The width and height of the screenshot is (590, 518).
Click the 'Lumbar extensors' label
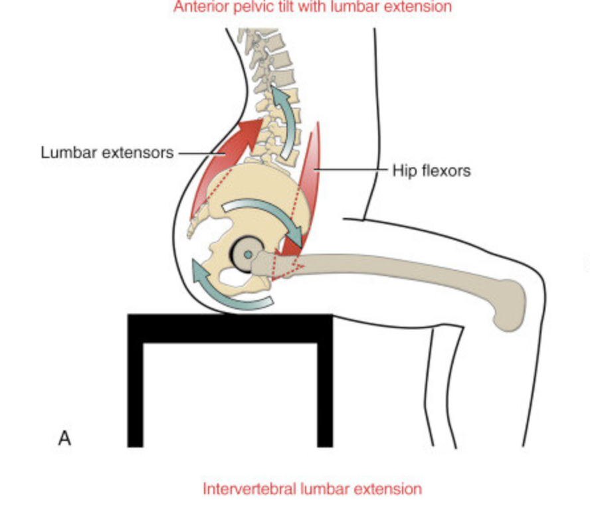click(106, 152)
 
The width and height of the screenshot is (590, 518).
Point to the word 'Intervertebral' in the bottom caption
click(250, 489)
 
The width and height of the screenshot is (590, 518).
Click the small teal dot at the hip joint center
click(248, 254)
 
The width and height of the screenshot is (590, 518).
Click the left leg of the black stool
click(135, 392)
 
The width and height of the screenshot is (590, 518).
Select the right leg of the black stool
click(324, 392)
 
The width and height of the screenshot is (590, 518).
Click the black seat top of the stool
click(229, 327)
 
